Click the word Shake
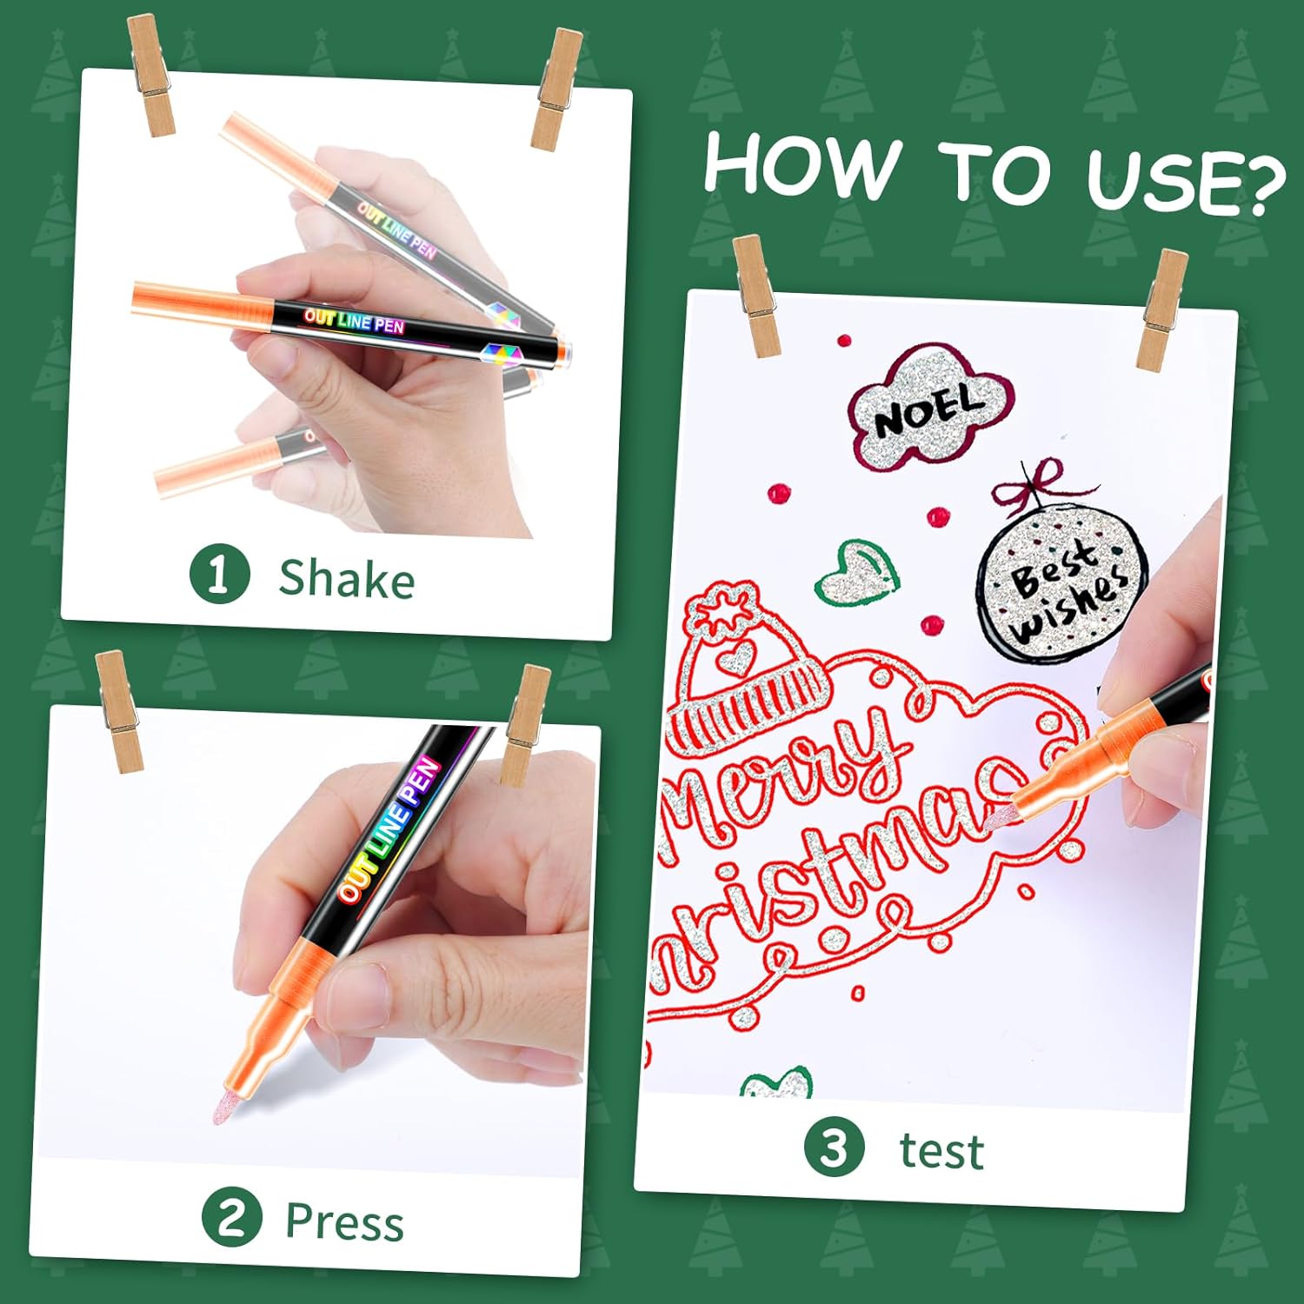(346, 578)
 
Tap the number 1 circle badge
(219, 573)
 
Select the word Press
(344, 1221)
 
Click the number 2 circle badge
(232, 1217)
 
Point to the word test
(941, 1151)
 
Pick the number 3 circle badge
(835, 1148)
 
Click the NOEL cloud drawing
(928, 405)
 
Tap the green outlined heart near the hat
(857, 573)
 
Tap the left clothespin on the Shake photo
(151, 76)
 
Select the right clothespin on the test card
(1161, 309)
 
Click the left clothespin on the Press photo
(119, 709)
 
